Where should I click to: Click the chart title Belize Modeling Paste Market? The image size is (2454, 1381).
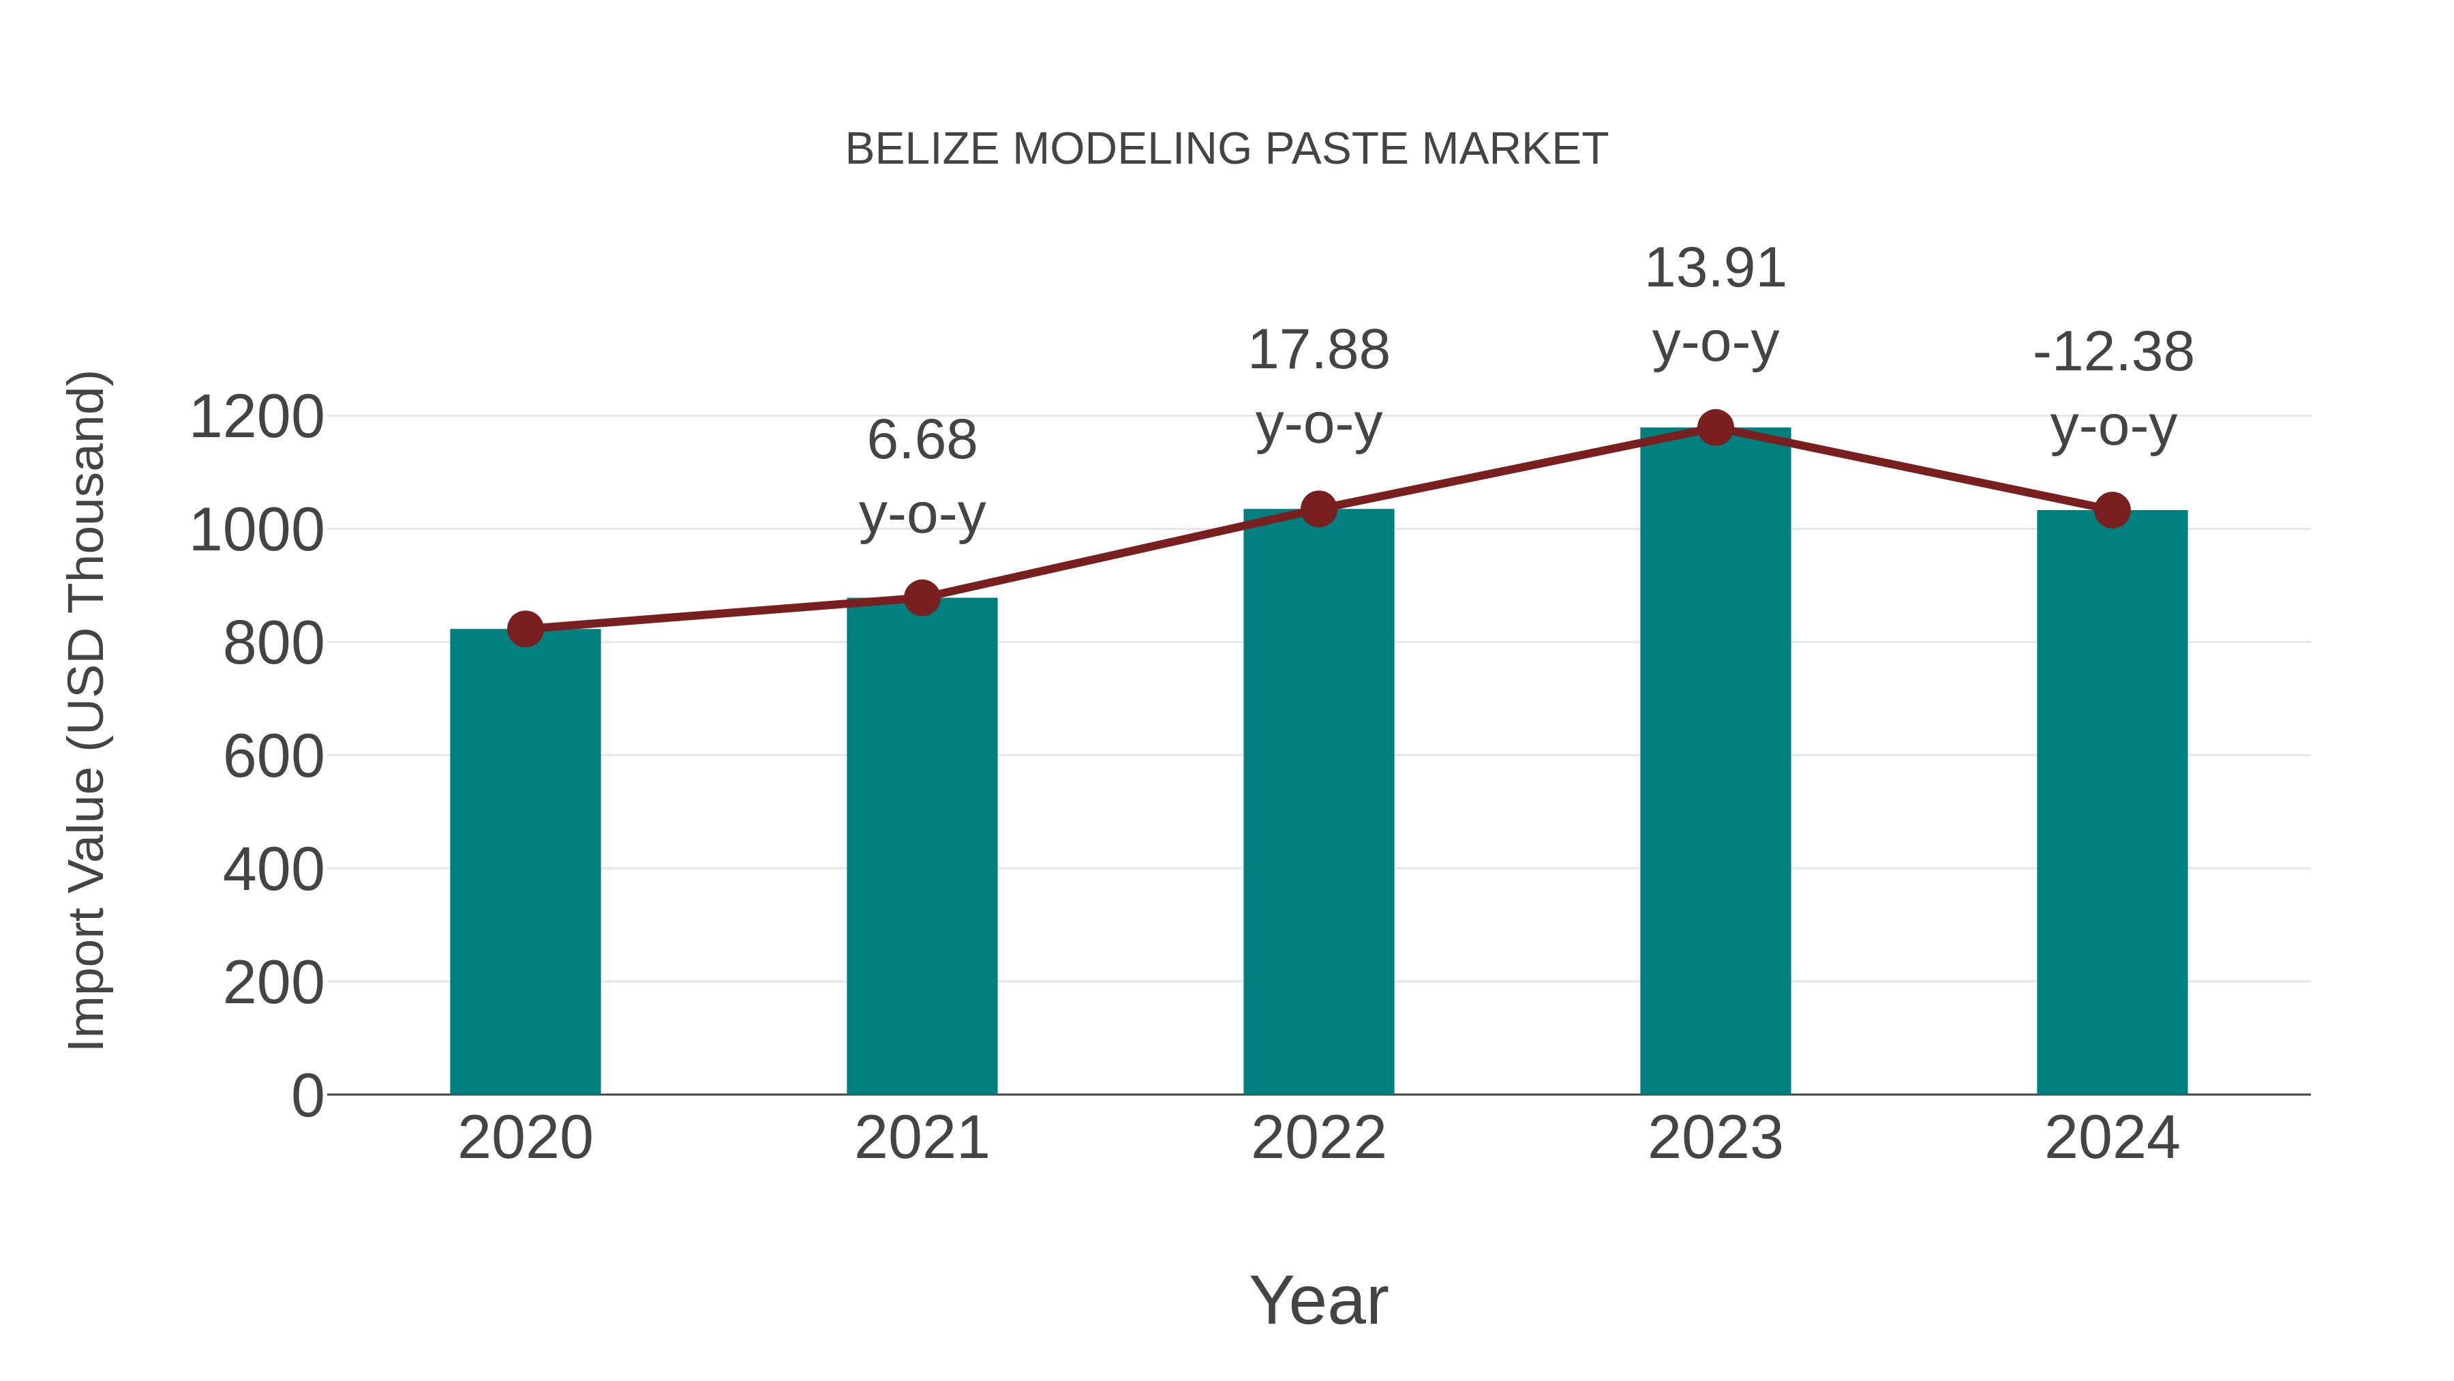[1226, 149]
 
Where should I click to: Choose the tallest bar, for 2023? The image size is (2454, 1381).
[1715, 762]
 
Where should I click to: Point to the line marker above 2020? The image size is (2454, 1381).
[525, 629]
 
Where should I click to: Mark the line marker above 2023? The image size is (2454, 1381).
[1715, 428]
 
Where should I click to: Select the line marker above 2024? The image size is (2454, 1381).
[2112, 511]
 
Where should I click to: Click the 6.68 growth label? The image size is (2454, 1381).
[921, 441]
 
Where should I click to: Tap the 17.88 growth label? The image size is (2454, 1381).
[1318, 351]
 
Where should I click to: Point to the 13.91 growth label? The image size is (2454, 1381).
[1715, 269]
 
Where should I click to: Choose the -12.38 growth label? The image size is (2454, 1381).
[2112, 353]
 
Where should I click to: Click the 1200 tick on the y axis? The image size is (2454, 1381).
[256, 417]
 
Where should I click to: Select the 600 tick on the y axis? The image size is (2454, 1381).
[273, 757]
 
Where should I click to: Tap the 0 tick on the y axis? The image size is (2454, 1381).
[307, 1096]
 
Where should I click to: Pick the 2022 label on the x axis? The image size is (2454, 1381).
[1318, 1138]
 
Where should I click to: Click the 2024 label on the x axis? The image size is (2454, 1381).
[2112, 1138]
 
